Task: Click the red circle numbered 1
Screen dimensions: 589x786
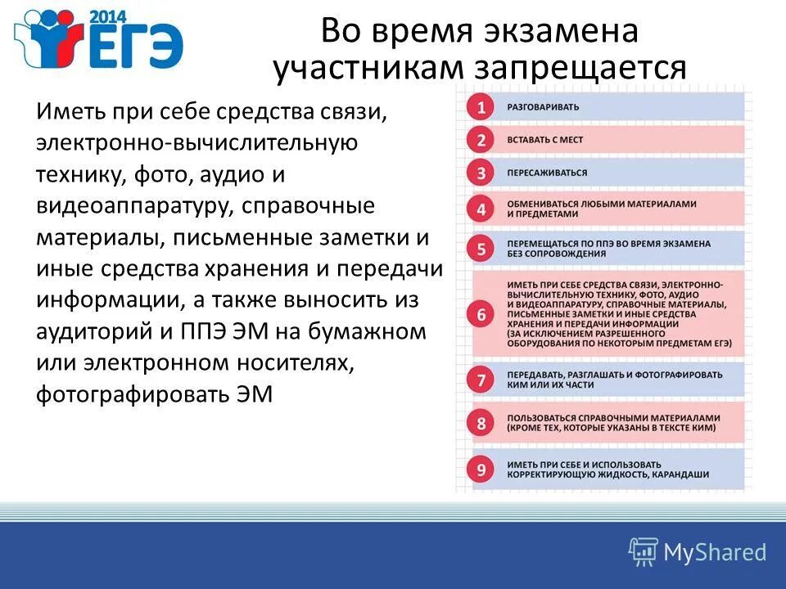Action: pyautogui.click(x=481, y=107)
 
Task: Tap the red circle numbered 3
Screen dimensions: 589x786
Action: pyautogui.click(x=481, y=173)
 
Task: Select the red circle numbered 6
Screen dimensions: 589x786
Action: pyautogui.click(x=481, y=314)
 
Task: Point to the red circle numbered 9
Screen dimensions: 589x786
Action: pyautogui.click(x=481, y=470)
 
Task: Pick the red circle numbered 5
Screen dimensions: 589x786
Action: pyautogui.click(x=481, y=249)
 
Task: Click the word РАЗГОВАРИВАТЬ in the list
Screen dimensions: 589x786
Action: pyautogui.click(x=543, y=107)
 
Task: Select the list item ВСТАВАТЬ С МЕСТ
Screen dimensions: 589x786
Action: pyautogui.click(x=545, y=140)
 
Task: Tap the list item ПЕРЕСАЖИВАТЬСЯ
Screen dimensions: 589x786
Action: pyautogui.click(x=547, y=173)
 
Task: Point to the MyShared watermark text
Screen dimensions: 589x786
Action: pyautogui.click(x=715, y=552)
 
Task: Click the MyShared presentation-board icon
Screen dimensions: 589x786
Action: pyautogui.click(x=644, y=551)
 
